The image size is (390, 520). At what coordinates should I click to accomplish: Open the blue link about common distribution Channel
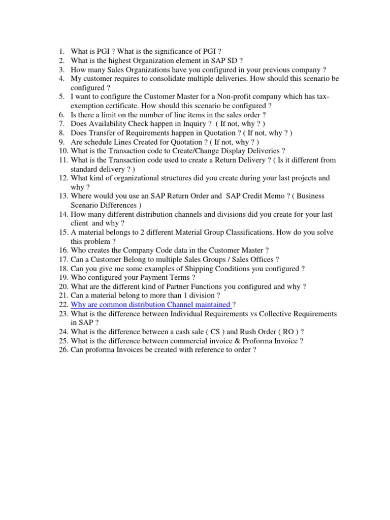(151, 305)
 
